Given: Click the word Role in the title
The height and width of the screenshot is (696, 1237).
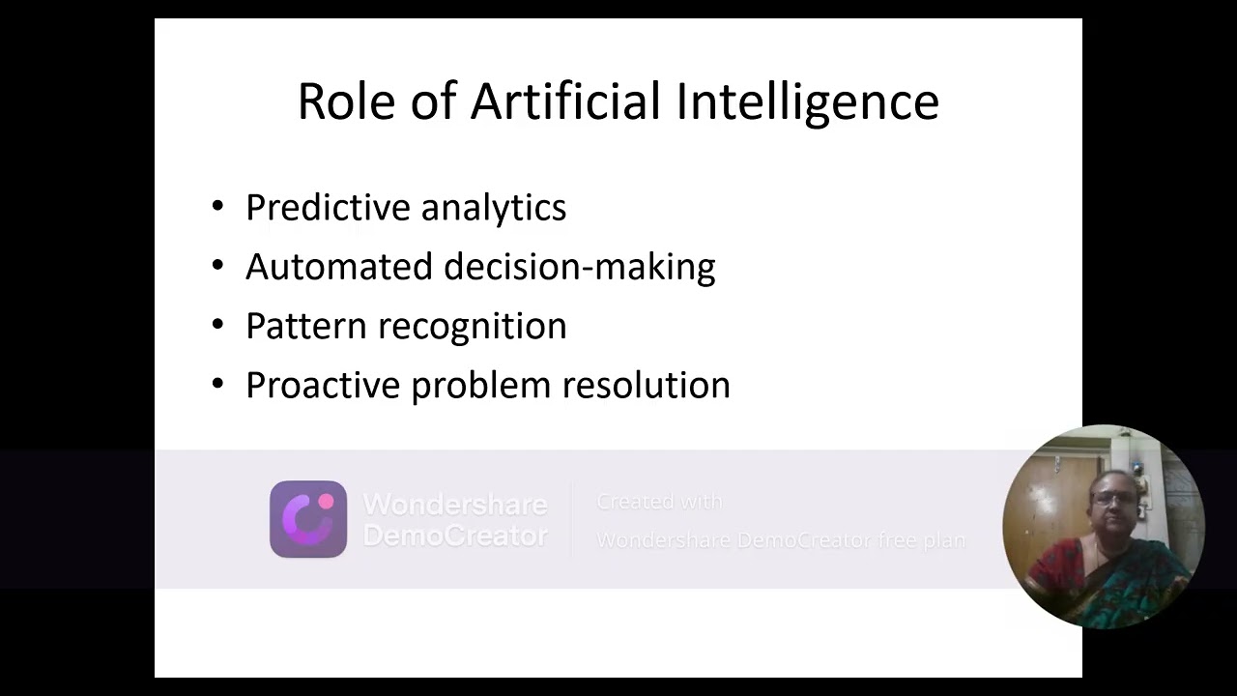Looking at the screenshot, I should click(345, 101).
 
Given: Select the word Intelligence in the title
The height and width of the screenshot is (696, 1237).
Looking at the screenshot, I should click(807, 101).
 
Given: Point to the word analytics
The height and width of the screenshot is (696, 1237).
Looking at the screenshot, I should click(493, 208).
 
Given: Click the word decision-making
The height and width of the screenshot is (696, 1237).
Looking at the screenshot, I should click(579, 267).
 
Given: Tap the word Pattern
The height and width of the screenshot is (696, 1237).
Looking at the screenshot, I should click(302, 326).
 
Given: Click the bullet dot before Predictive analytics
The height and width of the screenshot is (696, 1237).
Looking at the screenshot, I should click(217, 206).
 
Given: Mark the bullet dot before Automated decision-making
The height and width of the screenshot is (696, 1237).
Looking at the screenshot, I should click(217, 265).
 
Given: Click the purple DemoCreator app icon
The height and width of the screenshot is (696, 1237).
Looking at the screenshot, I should click(308, 519).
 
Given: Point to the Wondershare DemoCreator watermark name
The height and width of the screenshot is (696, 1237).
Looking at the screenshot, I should click(454, 519).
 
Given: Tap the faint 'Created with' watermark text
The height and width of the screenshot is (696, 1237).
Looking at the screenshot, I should click(659, 502).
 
